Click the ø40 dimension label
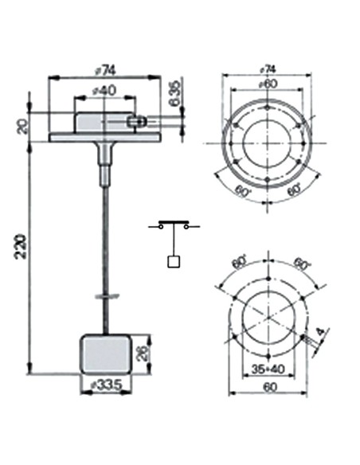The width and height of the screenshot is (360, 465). [x=105, y=91]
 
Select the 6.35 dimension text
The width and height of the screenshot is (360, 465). [x=174, y=96]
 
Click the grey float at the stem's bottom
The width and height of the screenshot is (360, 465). [x=105, y=354]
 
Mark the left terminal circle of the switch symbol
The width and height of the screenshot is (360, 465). [x=162, y=227]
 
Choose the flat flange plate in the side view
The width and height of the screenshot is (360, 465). [x=105, y=138]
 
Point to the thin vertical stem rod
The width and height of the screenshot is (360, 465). [x=105, y=239]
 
